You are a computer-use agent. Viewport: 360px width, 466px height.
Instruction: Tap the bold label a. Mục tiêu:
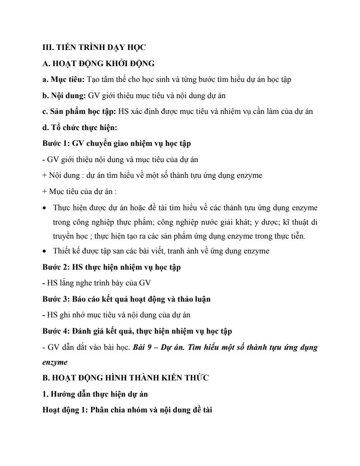click(x=63, y=79)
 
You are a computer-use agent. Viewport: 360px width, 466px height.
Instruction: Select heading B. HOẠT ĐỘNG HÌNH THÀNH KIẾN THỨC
click(x=125, y=378)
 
